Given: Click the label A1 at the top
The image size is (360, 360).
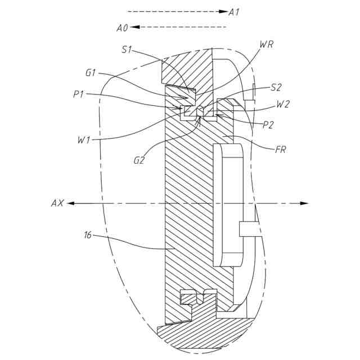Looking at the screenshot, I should (x=235, y=11).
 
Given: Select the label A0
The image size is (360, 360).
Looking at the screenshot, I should (x=123, y=27).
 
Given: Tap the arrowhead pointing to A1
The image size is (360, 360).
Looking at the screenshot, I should (x=224, y=11).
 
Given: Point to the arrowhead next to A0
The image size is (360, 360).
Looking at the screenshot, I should (x=136, y=27).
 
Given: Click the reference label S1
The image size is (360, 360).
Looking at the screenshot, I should (x=127, y=49).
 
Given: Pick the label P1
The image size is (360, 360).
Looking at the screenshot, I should (x=79, y=94).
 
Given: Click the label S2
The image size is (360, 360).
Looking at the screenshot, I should (x=276, y=87).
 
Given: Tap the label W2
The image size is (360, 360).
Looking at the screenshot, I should (x=283, y=105).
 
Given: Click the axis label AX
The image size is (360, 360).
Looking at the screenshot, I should (x=57, y=202).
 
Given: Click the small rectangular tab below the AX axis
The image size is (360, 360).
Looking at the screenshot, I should (x=248, y=228).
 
